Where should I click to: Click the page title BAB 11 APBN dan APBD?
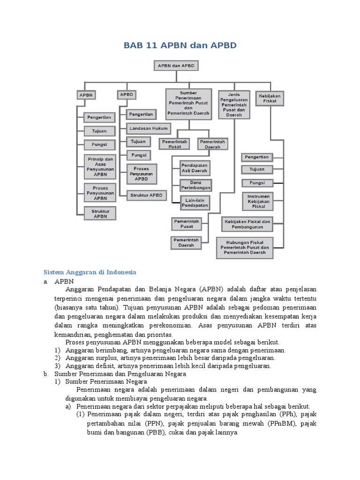[x=180, y=45]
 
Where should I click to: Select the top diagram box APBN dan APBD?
[x=176, y=66]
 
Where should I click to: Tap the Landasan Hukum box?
[x=148, y=127]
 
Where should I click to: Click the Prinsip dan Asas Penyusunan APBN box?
[x=100, y=166]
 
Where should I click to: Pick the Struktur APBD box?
[x=146, y=195]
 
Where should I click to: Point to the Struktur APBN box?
[x=100, y=213]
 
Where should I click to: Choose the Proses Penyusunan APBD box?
[x=142, y=173]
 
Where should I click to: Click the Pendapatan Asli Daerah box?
[x=195, y=168]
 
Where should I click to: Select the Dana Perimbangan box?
[x=195, y=185]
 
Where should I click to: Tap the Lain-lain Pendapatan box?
[x=195, y=202]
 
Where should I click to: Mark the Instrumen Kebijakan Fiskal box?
[x=257, y=200]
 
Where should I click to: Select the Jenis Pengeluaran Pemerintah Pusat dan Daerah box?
[x=233, y=105]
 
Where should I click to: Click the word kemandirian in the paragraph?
[x=73, y=334]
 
